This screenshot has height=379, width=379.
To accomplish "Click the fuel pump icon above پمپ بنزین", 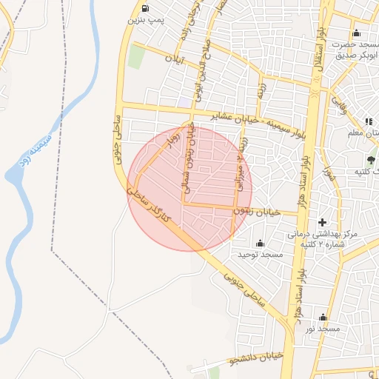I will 143,10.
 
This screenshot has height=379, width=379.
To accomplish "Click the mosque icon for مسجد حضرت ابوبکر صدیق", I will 357,33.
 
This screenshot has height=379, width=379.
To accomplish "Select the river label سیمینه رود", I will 34,149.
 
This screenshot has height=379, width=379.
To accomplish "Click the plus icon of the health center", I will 322,222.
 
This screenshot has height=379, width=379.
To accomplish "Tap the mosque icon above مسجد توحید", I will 260,244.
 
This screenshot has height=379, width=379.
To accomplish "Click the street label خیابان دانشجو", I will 256,358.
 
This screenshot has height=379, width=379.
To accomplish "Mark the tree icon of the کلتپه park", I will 371,159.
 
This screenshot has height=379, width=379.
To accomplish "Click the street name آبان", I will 172,58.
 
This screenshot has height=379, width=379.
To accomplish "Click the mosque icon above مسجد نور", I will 323,317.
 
